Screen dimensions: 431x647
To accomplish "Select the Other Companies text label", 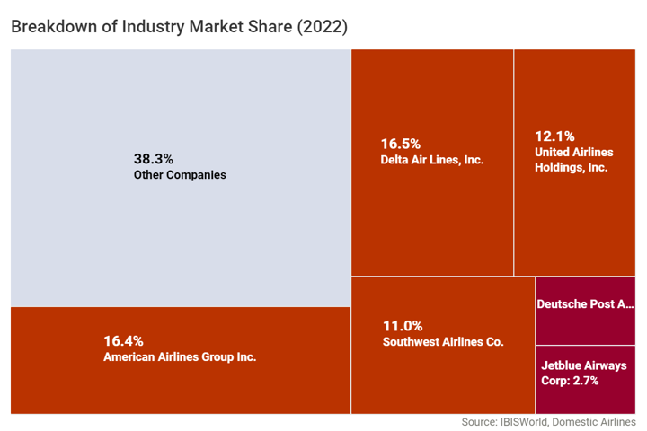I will [180, 175].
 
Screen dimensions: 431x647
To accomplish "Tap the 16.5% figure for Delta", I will [400, 144].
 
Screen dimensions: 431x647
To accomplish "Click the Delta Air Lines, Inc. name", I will [432, 160].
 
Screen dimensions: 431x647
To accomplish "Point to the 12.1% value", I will [554, 136].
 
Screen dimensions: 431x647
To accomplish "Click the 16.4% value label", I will [123, 340].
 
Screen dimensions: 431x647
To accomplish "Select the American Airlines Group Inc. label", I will [180, 356].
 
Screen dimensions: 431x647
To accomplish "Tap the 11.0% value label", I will [402, 326].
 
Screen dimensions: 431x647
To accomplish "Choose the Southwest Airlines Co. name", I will [443, 342].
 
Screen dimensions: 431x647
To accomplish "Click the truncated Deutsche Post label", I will [585, 304].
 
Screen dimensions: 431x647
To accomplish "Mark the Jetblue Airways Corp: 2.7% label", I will [584, 373].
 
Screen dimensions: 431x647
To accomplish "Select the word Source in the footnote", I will [480, 422].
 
